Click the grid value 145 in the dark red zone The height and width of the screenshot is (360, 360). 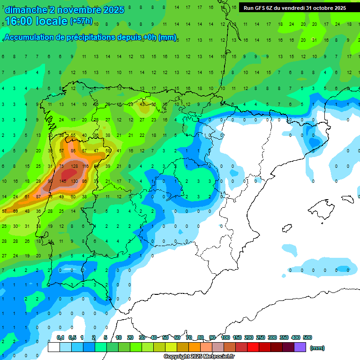click(62, 181)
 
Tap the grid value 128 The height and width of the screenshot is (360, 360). click(74, 166)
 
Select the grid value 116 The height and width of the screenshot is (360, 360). click(85, 166)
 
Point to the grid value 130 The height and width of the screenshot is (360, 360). click(74, 181)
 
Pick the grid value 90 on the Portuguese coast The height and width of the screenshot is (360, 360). click(50, 181)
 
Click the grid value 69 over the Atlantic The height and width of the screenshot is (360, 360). click(15, 211)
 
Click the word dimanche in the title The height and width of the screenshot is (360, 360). click(26, 10)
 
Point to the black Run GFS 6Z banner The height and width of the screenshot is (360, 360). click(295, 8)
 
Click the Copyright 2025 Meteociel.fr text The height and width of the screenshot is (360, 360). click(199, 357)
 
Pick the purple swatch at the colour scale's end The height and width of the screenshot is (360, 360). click(300, 347)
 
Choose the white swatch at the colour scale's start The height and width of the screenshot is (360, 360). click(54, 347)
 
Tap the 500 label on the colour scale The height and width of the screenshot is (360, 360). click(307, 337)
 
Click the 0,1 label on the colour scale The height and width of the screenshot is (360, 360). click(60, 337)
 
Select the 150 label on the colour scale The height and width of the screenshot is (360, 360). click(237, 337)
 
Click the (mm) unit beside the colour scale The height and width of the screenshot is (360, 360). click(317, 348)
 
